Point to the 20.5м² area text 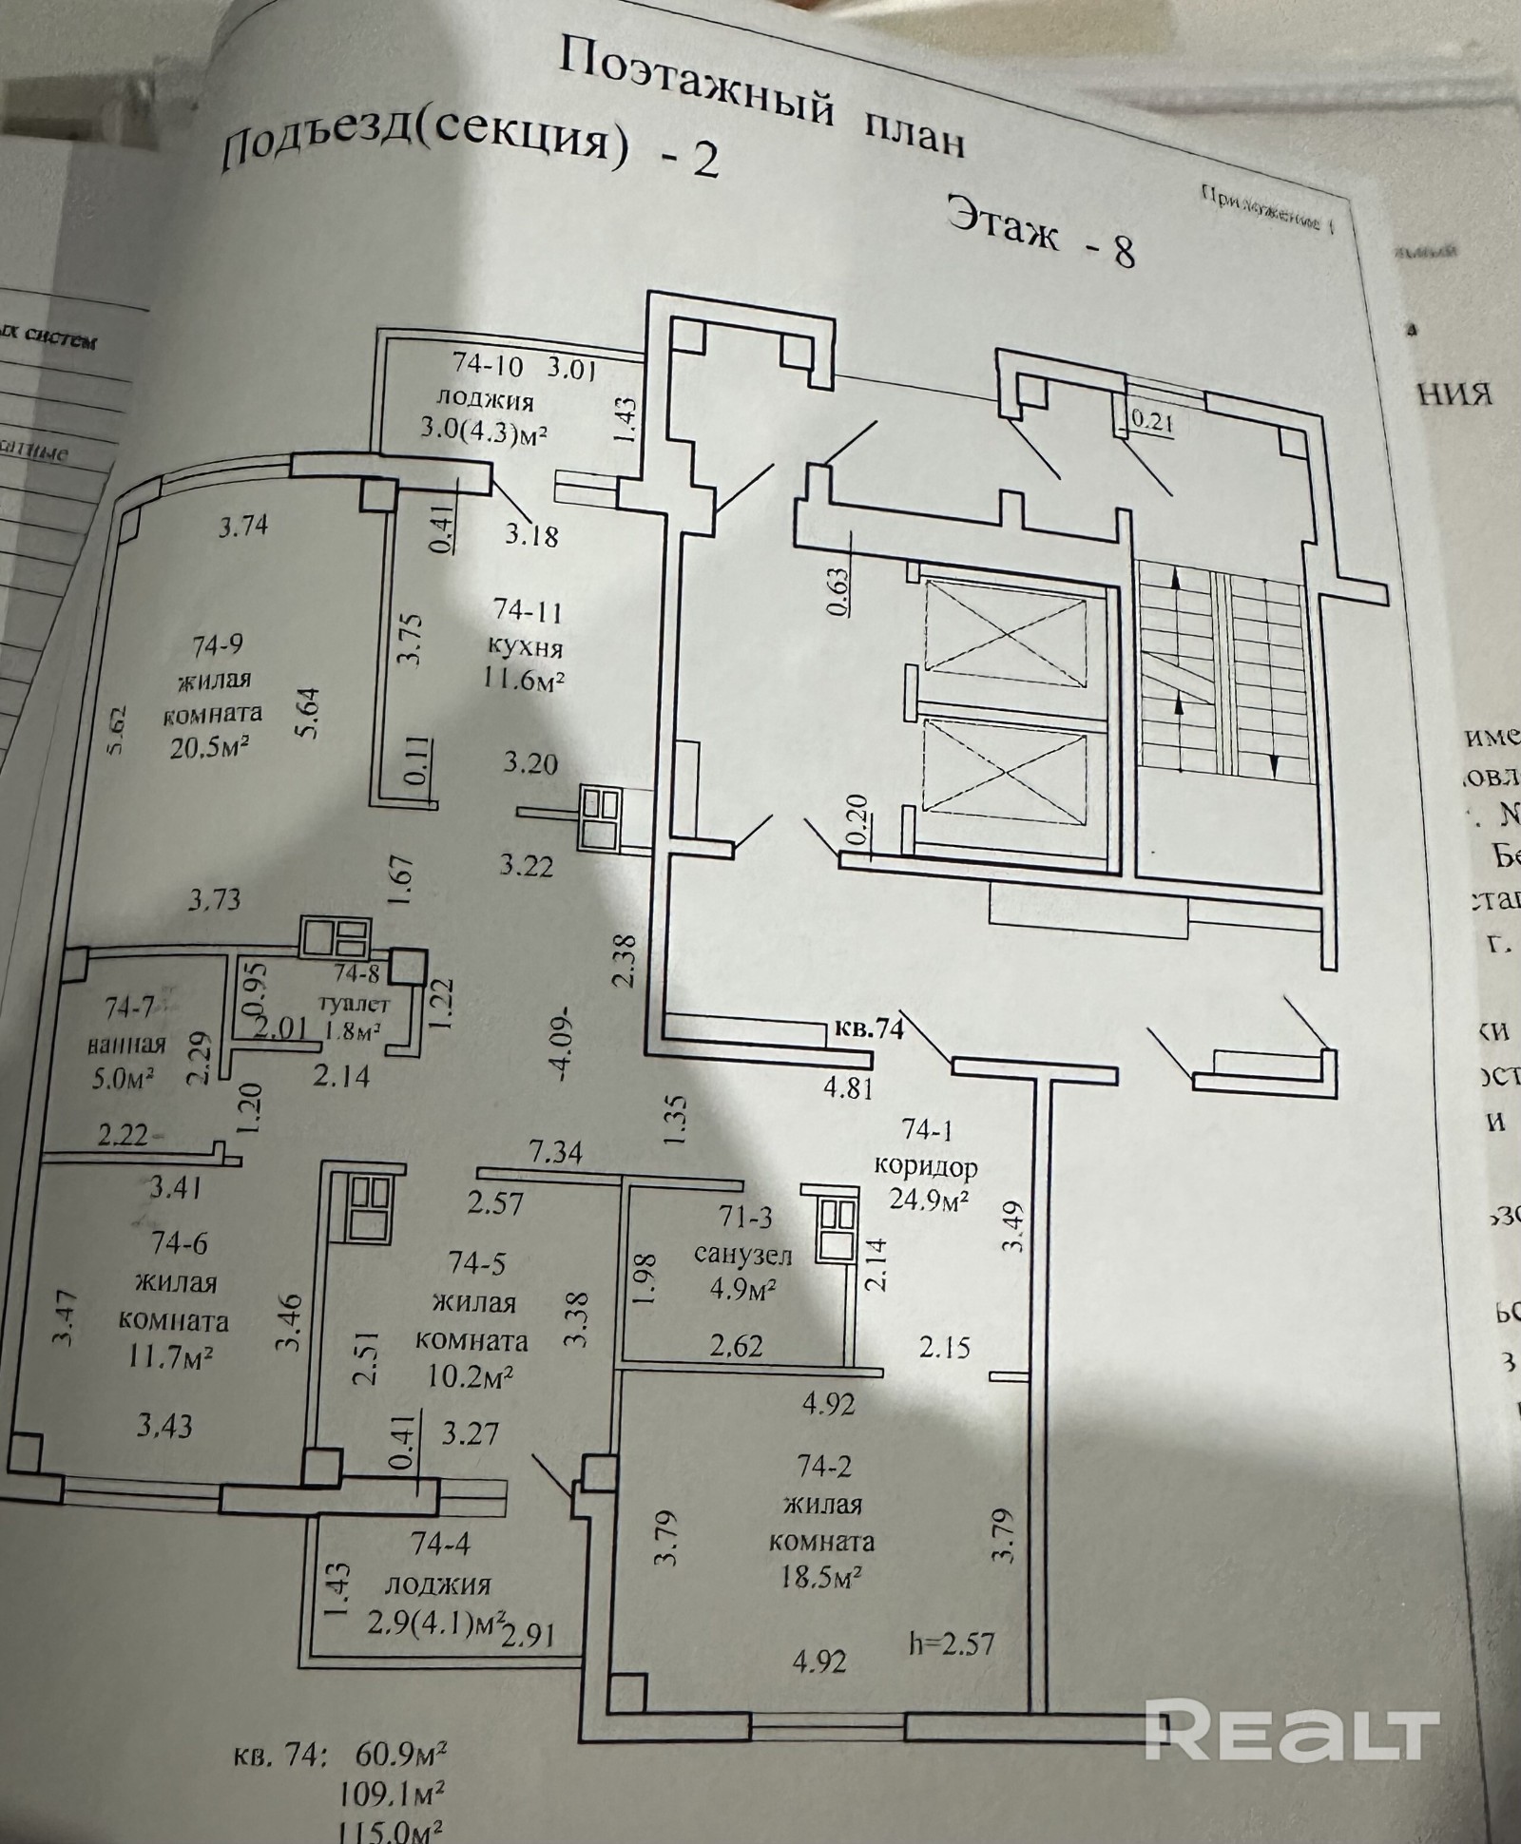[210, 747]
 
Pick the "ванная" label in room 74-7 [126, 1045]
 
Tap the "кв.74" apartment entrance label [868, 1028]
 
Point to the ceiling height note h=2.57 [952, 1642]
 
